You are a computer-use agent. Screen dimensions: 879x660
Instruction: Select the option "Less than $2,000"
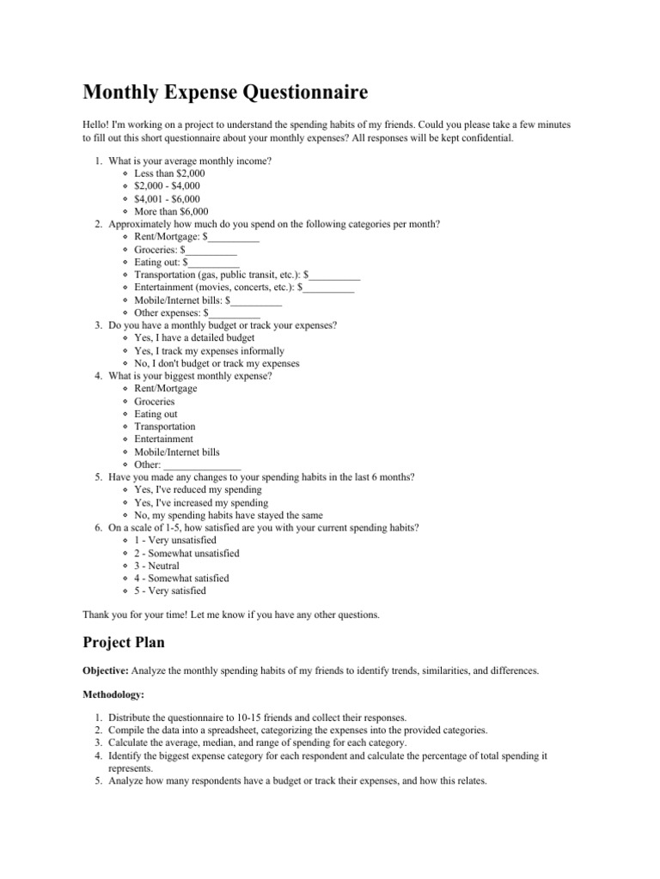pos(169,173)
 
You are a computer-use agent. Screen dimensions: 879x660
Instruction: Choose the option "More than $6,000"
pos(171,211)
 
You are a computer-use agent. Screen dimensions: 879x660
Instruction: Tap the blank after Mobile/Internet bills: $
pos(255,300)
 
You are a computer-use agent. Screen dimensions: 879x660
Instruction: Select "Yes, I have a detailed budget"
pos(194,338)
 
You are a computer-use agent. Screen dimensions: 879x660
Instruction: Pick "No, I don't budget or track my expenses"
pos(217,363)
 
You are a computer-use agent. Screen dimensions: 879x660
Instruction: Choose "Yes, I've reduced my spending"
pos(198,489)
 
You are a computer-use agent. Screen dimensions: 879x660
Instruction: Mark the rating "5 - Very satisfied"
pos(170,591)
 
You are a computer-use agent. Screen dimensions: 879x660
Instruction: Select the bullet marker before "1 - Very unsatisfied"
pos(125,541)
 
